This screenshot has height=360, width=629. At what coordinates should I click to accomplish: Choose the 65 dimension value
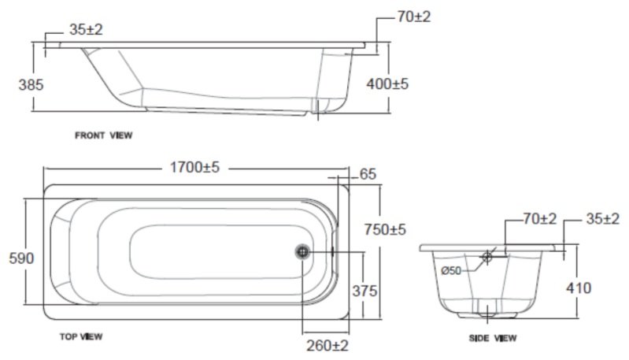[368, 174]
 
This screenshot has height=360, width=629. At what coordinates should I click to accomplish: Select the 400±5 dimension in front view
[387, 82]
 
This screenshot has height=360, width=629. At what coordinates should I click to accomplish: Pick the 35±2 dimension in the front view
[86, 29]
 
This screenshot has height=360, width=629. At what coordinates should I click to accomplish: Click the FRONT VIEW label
[104, 135]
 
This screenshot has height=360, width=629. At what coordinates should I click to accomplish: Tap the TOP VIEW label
[81, 336]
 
